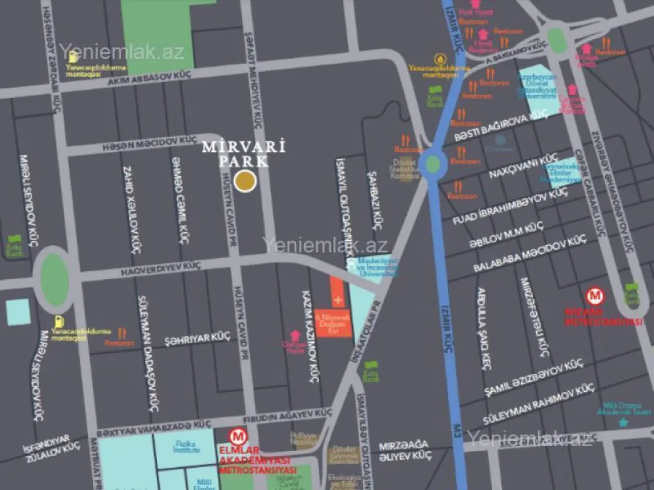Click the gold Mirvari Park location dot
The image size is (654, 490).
[246, 181]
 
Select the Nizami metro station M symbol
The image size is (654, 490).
[595, 296]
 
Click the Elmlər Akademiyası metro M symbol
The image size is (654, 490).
[237, 437]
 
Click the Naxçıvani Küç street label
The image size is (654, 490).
[515, 168]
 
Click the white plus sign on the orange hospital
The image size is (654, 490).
[337, 301]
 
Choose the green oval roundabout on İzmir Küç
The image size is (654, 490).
[433, 164]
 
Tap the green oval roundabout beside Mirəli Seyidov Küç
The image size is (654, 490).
[54, 279]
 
